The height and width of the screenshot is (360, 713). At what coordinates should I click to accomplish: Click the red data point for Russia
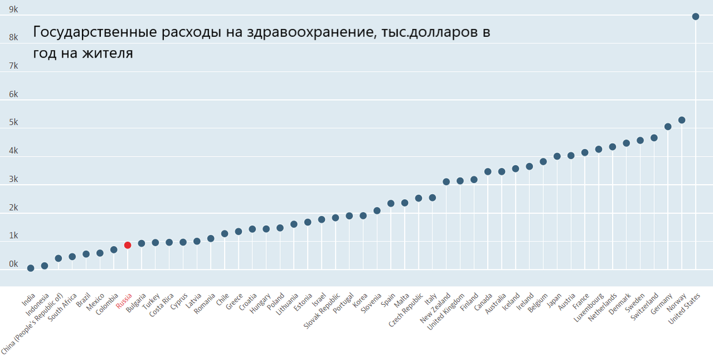(128, 245)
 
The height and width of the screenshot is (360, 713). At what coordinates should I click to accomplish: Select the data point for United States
(696, 16)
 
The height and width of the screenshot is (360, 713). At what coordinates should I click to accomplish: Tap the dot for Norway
(682, 120)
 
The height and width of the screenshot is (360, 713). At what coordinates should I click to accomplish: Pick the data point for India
(30, 268)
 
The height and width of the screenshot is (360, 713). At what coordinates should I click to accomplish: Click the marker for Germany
(668, 127)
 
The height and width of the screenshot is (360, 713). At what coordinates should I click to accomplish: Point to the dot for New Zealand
(446, 182)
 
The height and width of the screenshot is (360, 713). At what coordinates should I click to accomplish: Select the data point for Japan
(557, 156)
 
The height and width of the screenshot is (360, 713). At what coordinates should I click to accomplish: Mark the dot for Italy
(433, 198)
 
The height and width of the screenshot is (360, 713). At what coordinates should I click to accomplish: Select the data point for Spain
(391, 203)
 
